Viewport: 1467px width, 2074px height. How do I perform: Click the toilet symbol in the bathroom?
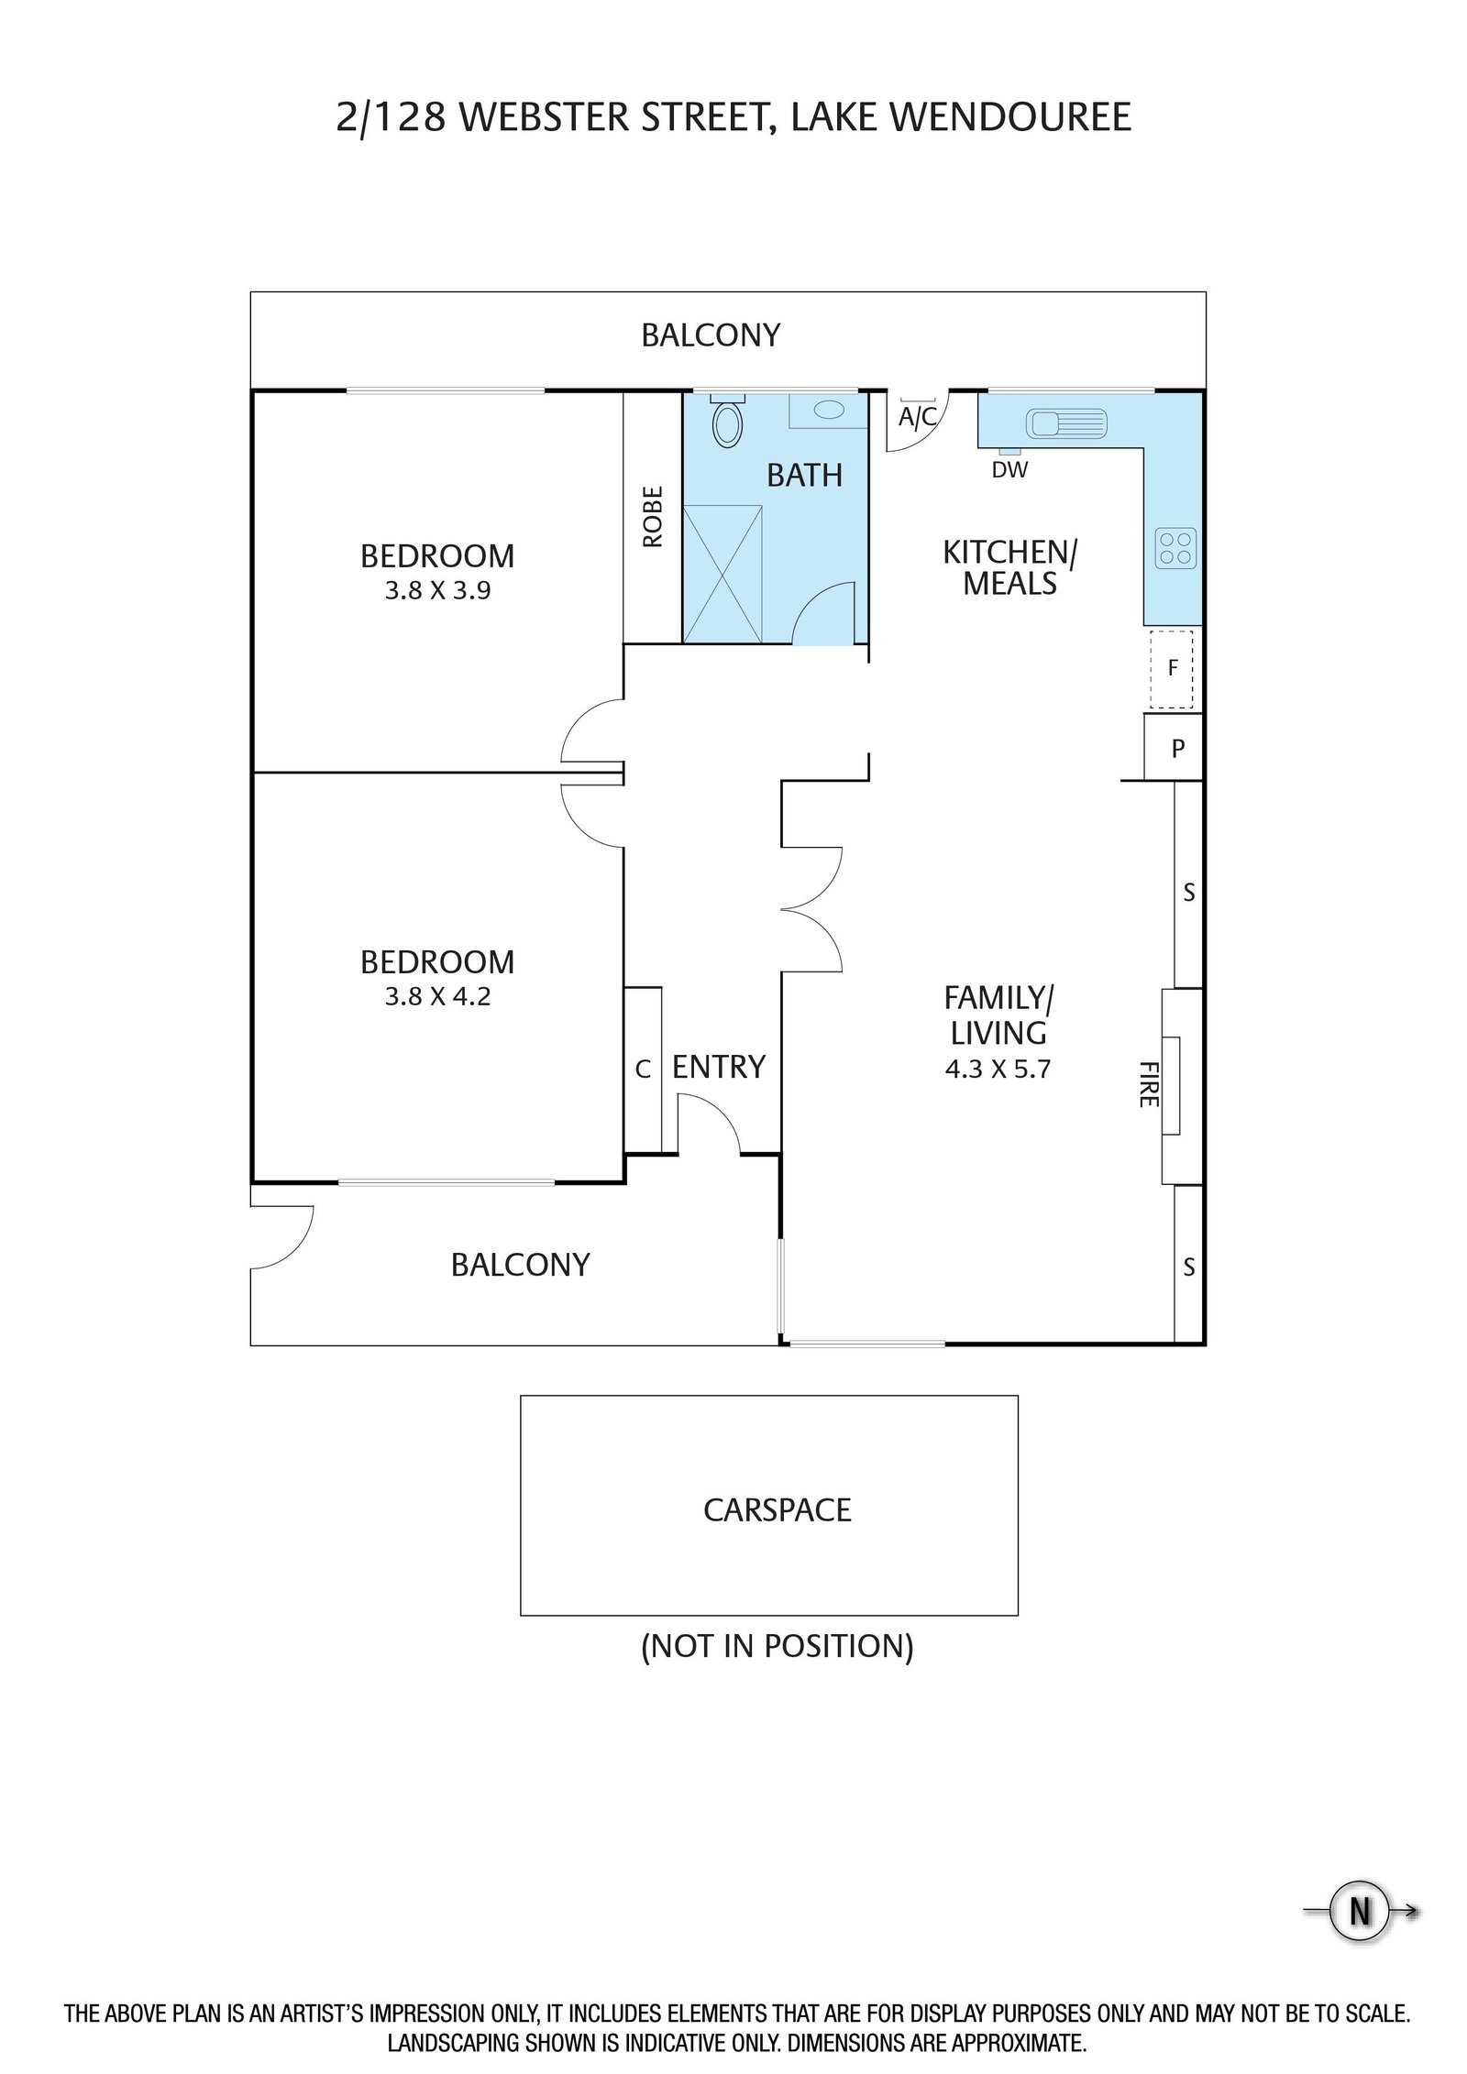click(x=728, y=421)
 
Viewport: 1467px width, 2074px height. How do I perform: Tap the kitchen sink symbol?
click(x=1067, y=422)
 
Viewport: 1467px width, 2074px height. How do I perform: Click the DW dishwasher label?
click(x=1009, y=470)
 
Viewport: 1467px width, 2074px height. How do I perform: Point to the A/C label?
click(x=918, y=418)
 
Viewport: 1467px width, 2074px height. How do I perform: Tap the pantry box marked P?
click(x=1173, y=748)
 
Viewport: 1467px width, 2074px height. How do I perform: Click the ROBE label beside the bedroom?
click(x=652, y=517)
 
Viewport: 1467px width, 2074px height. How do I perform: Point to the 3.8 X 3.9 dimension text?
click(x=437, y=590)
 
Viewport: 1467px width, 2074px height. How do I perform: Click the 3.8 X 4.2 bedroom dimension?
click(x=437, y=996)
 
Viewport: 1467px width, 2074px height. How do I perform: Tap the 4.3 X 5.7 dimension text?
click(x=998, y=1069)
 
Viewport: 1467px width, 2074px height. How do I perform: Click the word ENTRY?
click(x=719, y=1067)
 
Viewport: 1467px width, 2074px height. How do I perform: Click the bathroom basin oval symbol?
click(x=830, y=410)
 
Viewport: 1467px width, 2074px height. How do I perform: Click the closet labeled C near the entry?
click(x=643, y=1069)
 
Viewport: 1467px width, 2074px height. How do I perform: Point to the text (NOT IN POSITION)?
click(x=778, y=1646)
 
